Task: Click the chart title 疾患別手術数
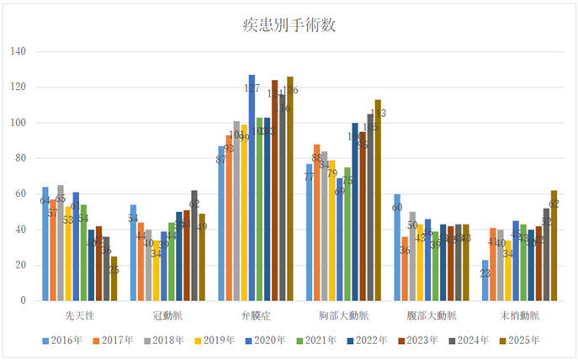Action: click(289, 24)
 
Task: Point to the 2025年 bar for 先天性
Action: click(114, 278)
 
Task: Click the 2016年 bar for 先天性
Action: click(45, 244)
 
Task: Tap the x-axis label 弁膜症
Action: click(256, 315)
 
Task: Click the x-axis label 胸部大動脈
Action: click(343, 315)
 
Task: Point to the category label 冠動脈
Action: click(167, 315)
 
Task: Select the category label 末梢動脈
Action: click(519, 315)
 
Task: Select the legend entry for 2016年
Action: click(64, 341)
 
